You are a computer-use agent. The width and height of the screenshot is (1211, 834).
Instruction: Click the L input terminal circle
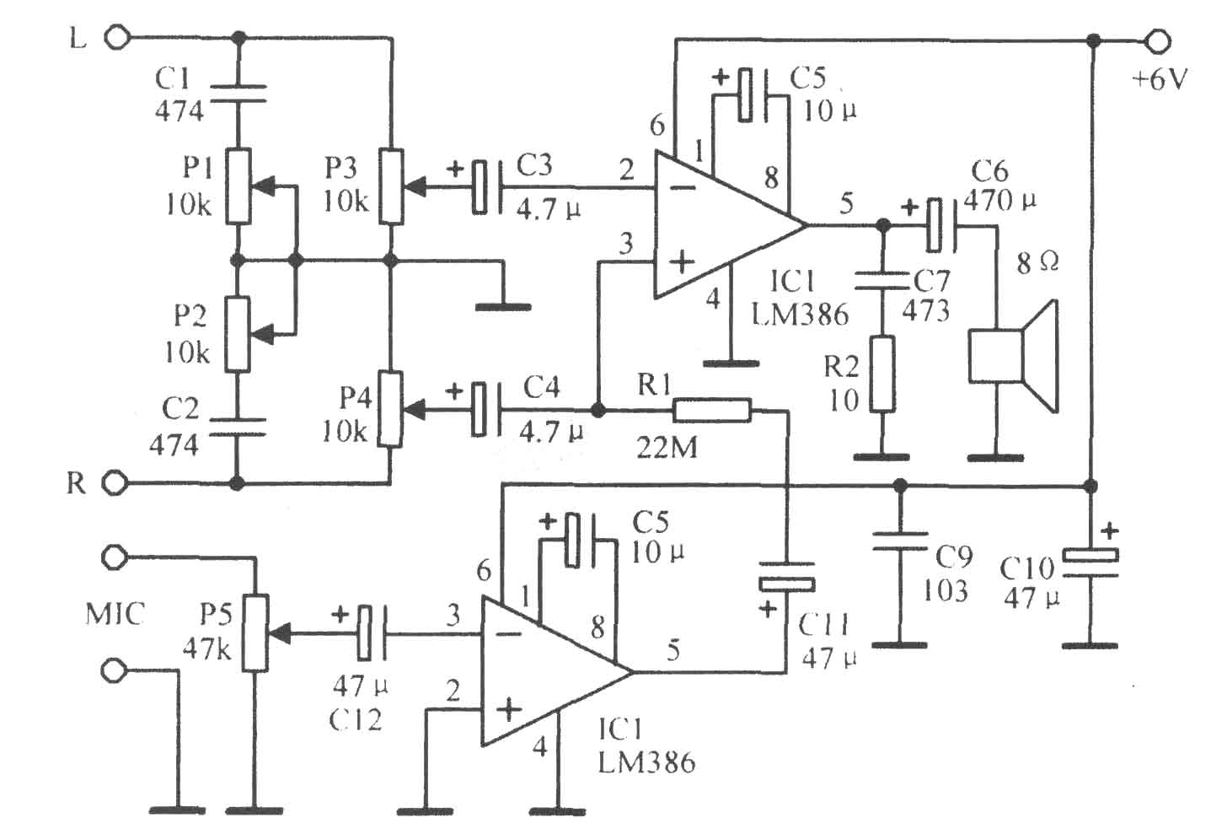tap(117, 39)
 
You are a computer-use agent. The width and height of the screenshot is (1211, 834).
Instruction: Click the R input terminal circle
tap(115, 483)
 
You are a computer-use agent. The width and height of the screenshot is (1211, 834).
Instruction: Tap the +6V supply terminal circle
tap(1158, 41)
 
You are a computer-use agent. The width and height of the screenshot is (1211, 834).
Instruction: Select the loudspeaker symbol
tap(1013, 356)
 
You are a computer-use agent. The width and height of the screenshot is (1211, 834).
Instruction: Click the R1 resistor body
tap(712, 411)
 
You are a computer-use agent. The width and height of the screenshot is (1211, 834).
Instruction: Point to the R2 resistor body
tap(882, 374)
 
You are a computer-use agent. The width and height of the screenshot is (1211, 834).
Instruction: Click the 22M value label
tap(667, 448)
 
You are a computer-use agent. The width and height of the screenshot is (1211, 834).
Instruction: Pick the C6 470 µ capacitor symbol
tap(941, 224)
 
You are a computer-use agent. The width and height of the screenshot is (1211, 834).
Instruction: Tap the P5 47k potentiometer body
tap(255, 632)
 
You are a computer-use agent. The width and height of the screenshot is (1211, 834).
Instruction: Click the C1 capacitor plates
tap(238, 93)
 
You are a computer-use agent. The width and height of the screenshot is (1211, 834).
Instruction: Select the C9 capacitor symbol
tap(900, 541)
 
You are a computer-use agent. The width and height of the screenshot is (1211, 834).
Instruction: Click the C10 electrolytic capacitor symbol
tap(1090, 563)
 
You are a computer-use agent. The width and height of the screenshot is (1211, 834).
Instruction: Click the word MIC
tap(115, 614)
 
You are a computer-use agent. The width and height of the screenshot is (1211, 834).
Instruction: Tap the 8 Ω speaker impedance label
tap(1037, 263)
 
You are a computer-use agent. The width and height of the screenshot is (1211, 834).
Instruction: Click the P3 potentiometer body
tap(391, 186)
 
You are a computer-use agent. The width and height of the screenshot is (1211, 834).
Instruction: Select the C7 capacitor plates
tap(882, 282)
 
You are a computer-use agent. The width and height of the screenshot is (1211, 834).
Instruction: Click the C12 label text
tap(355, 720)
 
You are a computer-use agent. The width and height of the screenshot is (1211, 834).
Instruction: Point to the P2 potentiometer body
tap(238, 334)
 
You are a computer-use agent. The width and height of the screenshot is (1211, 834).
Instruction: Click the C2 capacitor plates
tap(238, 426)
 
